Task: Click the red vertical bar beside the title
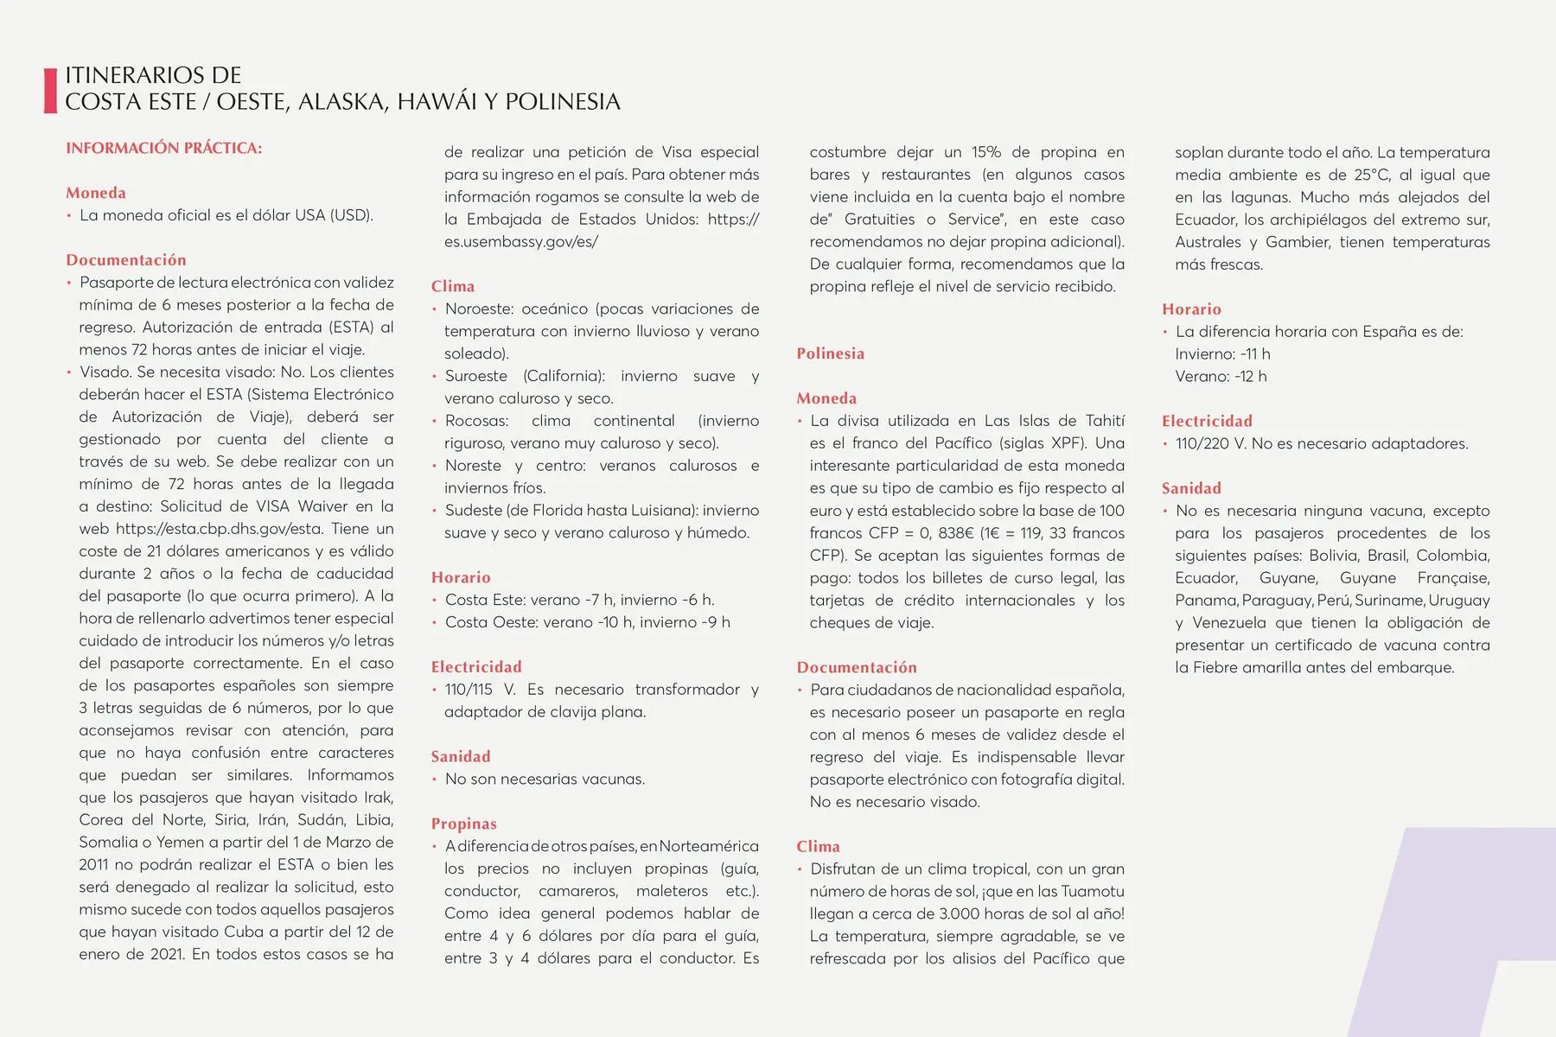click(x=50, y=90)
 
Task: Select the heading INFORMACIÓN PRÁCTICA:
click(x=163, y=148)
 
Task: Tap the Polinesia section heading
click(x=830, y=353)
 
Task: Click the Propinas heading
click(x=463, y=824)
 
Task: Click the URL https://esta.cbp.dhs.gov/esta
click(x=218, y=529)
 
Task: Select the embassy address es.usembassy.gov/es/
click(x=520, y=242)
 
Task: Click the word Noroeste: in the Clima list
click(x=478, y=309)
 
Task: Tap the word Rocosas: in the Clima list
click(x=476, y=421)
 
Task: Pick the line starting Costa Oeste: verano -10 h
click(x=587, y=622)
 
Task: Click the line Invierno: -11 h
click(x=1221, y=353)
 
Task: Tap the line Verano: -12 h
click(x=1220, y=376)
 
